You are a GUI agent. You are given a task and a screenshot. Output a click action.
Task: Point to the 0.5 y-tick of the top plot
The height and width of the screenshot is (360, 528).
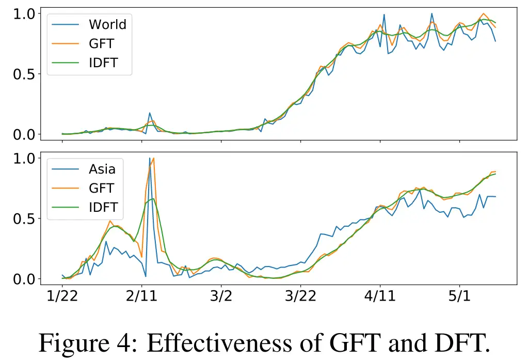25,74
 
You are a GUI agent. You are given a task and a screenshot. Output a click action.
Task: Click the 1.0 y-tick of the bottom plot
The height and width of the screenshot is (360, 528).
25,158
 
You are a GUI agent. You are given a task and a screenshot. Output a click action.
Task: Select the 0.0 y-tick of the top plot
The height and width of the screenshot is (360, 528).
25,134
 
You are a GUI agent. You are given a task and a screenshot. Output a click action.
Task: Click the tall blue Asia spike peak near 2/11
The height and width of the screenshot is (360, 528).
150,158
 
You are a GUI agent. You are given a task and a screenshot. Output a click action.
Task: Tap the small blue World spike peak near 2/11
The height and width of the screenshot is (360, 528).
150,113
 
